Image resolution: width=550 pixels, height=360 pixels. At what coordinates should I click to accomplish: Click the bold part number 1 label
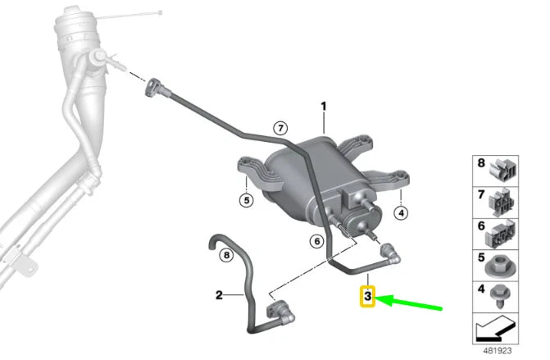pyautogui.click(x=324, y=106)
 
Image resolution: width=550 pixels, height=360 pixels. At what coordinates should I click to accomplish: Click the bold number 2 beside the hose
pyautogui.click(x=219, y=295)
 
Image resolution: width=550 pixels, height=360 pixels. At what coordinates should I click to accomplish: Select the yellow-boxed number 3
pyautogui.click(x=367, y=296)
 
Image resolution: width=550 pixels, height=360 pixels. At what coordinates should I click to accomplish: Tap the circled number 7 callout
pyautogui.click(x=280, y=129)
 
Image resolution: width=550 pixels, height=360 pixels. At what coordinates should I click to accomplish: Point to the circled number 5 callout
pyautogui.click(x=247, y=200)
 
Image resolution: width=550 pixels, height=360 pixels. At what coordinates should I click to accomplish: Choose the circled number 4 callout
pyautogui.click(x=401, y=212)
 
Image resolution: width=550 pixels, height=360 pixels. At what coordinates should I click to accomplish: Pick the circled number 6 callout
pyautogui.click(x=317, y=241)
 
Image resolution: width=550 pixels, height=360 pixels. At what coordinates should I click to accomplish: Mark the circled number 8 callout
pyautogui.click(x=226, y=255)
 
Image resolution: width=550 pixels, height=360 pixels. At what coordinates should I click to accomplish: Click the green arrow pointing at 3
pyautogui.click(x=409, y=303)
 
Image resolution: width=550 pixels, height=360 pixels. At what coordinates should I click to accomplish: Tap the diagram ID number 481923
pyautogui.click(x=498, y=350)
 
